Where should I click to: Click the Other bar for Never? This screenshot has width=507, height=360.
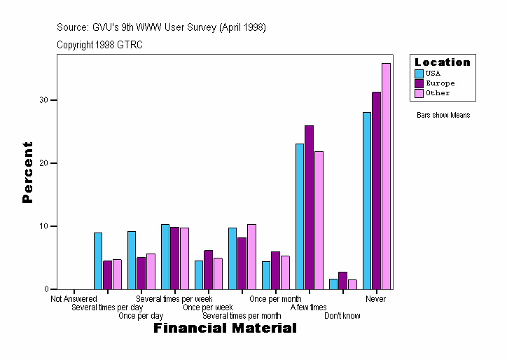tap(386, 176)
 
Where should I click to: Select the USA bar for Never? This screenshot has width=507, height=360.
tap(367, 200)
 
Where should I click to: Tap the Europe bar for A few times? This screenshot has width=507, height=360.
tap(309, 207)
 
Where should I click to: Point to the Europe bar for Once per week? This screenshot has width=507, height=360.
tap(208, 270)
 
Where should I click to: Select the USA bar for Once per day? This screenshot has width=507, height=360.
tap(132, 260)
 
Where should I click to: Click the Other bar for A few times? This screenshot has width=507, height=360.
tap(319, 220)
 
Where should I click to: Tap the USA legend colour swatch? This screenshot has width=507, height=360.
tap(419, 74)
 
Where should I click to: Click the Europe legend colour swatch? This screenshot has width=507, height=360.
tap(419, 83)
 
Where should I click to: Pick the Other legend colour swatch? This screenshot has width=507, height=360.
tap(419, 93)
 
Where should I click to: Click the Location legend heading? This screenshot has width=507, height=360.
tap(443, 62)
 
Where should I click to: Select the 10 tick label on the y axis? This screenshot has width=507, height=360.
tap(44, 226)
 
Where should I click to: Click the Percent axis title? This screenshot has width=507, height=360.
tap(27, 172)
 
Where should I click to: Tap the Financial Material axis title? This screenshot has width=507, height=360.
tap(225, 328)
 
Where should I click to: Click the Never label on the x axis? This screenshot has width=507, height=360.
tap(376, 299)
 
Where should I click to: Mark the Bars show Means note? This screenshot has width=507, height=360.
tap(443, 115)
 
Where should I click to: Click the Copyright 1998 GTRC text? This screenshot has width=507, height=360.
tap(100, 45)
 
